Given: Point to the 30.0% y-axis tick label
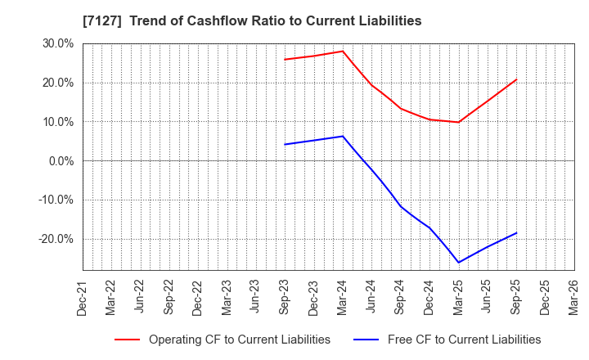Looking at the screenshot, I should click(58, 43).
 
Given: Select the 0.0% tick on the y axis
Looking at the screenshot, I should click(61, 161).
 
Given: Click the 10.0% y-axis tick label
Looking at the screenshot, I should click(58, 122).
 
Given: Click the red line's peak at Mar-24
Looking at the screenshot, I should click(343, 51).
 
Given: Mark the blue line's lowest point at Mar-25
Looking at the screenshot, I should click(458, 263).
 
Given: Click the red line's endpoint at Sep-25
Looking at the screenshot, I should click(516, 79).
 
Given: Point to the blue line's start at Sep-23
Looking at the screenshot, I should click(285, 145).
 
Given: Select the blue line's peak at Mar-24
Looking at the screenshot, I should click(343, 136).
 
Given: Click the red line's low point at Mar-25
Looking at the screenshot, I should click(458, 123).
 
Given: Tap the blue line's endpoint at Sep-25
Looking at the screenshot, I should click(516, 232).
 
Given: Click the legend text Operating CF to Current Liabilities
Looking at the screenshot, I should click(239, 340).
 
